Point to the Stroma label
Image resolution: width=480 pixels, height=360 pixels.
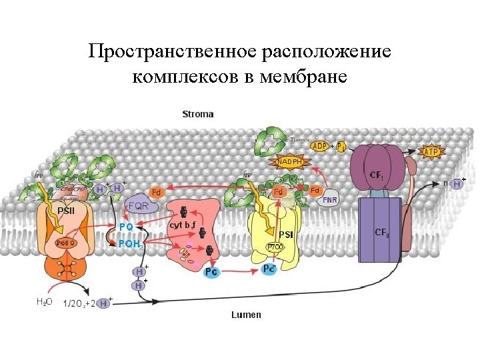pos(198,114)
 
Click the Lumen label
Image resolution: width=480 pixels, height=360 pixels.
pos(246,314)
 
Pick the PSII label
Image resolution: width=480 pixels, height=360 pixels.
pos(66,211)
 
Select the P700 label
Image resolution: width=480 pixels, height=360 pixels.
pos(275,247)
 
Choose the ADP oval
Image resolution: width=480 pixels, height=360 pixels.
pos(320,146)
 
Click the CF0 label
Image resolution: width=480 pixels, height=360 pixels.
pos(383,233)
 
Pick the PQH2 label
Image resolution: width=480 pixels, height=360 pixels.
pos(130,244)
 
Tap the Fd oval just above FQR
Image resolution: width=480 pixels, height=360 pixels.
pos(157,192)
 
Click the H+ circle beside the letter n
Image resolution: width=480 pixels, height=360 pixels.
pos(457,184)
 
